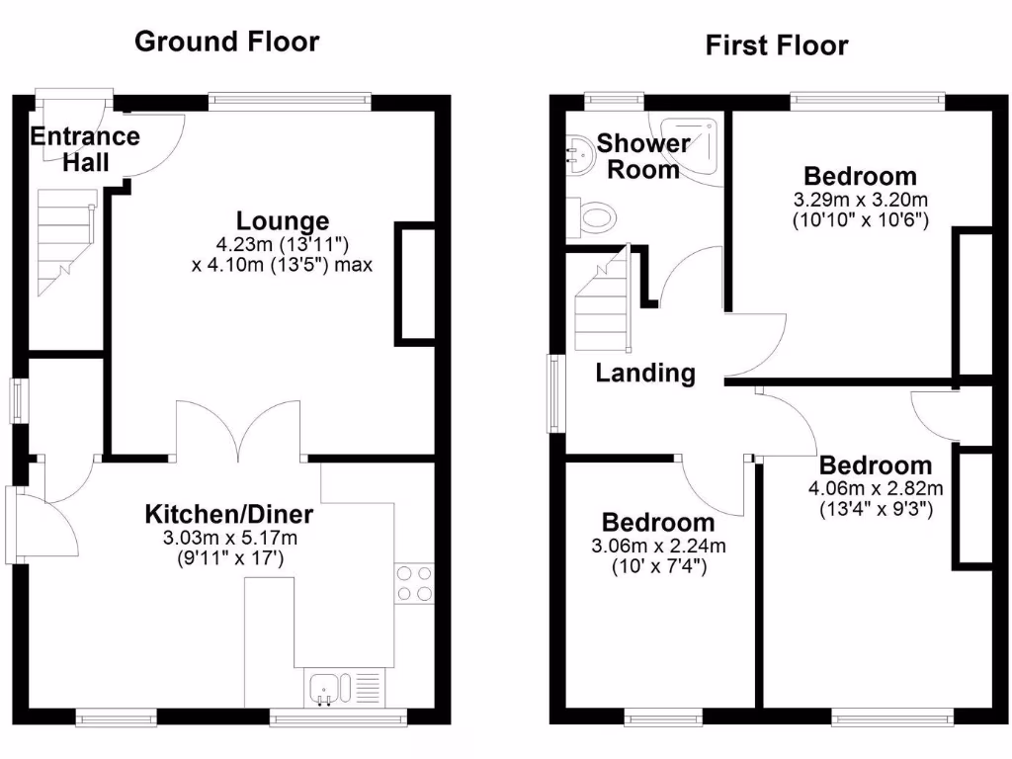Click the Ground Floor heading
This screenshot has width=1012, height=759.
226,42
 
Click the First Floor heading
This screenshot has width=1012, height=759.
776,45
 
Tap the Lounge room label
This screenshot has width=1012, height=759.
283,220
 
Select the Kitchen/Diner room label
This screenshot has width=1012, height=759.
229,514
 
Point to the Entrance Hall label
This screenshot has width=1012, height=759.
85,149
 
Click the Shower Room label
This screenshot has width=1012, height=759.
643,156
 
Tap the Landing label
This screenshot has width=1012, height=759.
645,373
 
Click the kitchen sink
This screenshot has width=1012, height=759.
325,686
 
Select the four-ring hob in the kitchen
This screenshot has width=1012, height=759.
414,582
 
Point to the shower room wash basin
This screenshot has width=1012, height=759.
579,152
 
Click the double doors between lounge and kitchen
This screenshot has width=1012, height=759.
238,431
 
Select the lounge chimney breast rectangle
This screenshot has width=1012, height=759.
415,284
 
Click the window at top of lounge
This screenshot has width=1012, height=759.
290,99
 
